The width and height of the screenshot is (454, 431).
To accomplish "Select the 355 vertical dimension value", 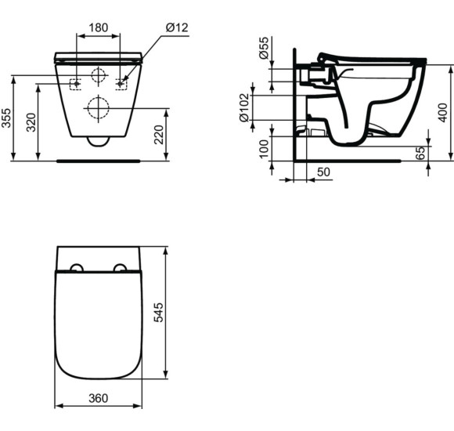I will (x=6, y=118).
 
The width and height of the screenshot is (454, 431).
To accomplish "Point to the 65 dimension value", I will (x=420, y=151).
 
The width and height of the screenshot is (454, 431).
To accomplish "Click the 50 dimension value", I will (x=322, y=171).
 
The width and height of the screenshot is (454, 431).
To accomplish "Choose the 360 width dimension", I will (x=98, y=398).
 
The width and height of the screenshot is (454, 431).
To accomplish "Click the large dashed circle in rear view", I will (x=98, y=108).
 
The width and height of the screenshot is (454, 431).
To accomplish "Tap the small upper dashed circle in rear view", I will (x=98, y=77).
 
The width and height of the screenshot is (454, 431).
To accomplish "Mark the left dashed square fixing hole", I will (x=76, y=84).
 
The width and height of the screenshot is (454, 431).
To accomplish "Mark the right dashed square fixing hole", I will (x=120, y=84).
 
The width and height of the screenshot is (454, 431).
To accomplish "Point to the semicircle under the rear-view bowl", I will (x=98, y=141).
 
